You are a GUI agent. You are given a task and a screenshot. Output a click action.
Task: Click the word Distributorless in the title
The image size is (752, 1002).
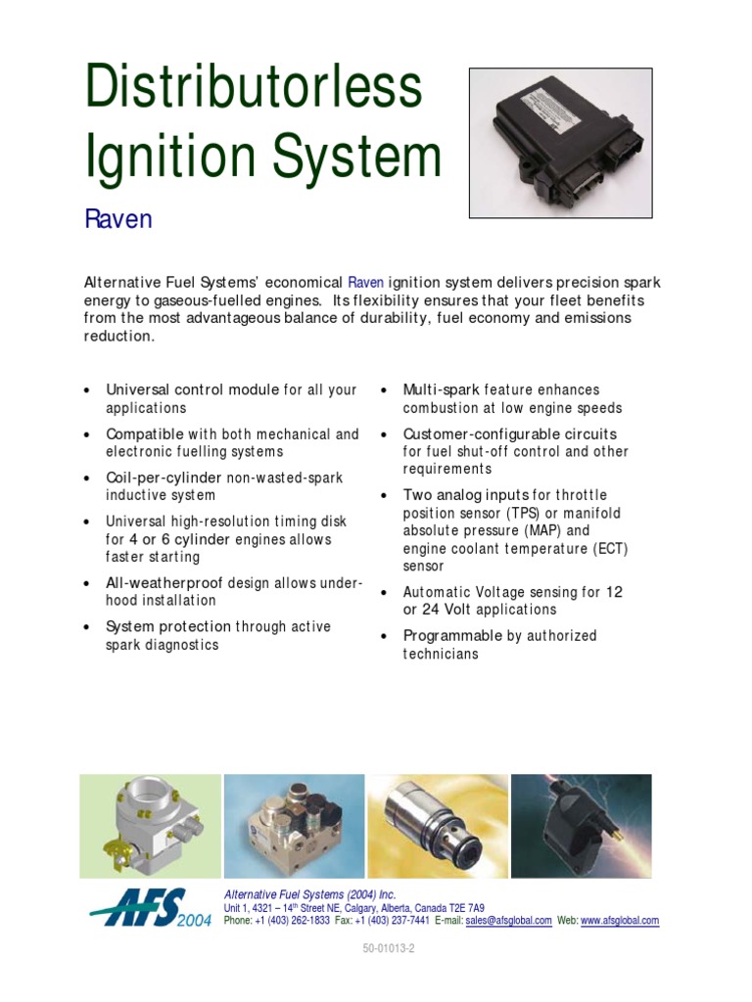coord(254,88)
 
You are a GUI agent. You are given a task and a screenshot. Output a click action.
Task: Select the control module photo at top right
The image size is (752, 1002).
coord(560,143)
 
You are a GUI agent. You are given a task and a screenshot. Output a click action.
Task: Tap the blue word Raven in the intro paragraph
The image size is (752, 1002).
coord(366,283)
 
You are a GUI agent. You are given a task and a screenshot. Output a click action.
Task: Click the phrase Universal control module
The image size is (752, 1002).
coord(192,389)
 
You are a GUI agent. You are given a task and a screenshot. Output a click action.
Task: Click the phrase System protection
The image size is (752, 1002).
coord(168,626)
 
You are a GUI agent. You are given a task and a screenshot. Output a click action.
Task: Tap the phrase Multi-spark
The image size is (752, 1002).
coord(440,389)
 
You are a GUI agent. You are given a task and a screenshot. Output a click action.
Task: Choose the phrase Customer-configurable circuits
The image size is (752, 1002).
coord(510,433)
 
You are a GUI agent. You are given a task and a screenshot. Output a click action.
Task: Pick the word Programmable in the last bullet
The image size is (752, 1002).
coord(452,636)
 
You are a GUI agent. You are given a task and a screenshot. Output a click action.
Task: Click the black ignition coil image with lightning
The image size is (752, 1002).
coord(581,826)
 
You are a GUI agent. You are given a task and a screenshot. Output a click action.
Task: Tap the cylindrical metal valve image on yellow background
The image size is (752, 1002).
coord(437,826)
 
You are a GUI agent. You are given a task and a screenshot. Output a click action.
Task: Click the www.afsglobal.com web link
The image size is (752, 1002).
coord(620,921)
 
